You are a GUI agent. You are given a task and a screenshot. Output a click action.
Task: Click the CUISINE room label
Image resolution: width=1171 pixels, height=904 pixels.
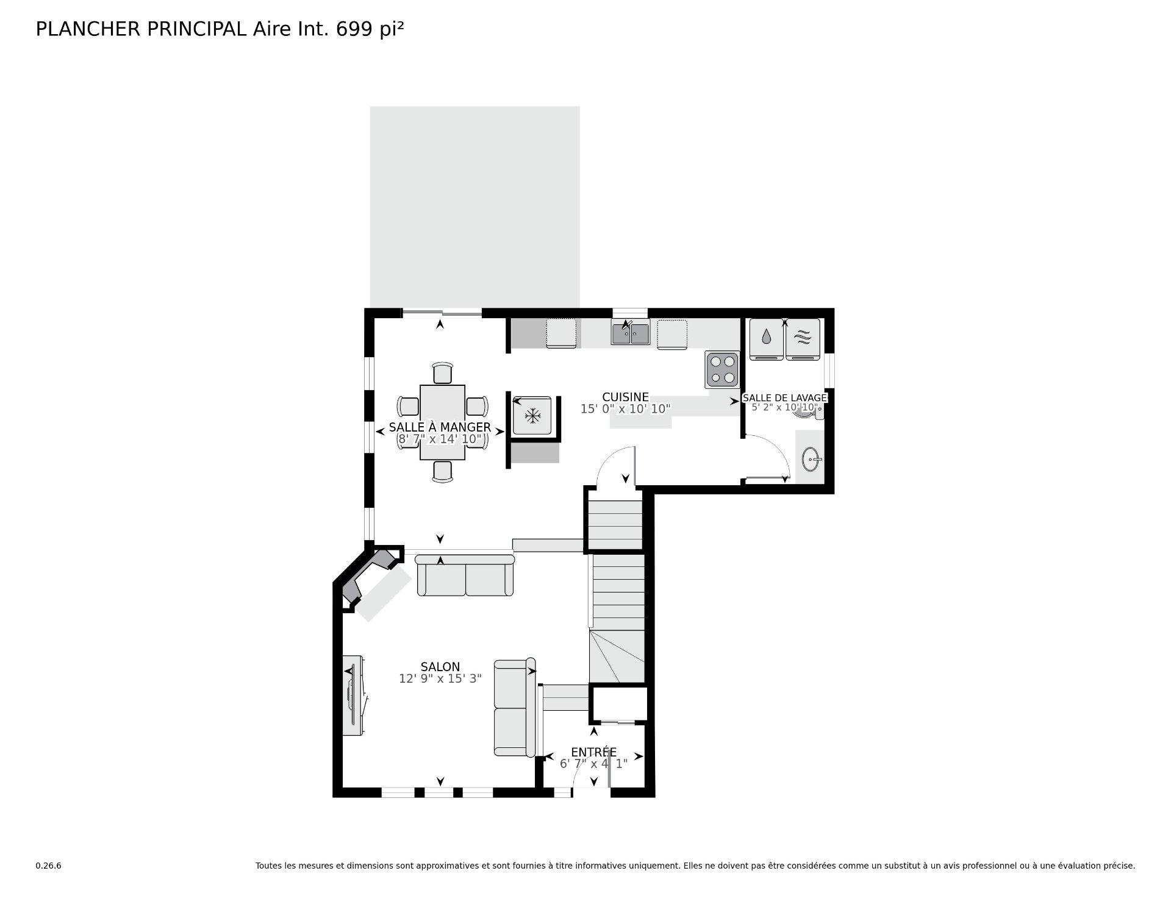click(625, 397)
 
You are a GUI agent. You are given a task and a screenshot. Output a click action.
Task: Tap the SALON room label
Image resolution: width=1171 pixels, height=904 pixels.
click(440, 667)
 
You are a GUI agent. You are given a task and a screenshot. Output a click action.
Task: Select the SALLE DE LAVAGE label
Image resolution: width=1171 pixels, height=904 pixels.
click(784, 397)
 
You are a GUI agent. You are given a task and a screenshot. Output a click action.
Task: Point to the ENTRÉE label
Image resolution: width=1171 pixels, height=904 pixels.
click(593, 752)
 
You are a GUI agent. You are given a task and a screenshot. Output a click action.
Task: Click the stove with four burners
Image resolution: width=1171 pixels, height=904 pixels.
click(722, 369)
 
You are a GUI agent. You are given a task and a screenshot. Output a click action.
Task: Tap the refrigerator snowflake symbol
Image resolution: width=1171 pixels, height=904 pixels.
click(533, 416)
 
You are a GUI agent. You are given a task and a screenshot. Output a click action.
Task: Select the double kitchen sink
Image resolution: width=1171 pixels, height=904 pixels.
click(631, 333)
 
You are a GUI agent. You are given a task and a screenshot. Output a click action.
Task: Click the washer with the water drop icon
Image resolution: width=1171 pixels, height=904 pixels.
click(766, 339)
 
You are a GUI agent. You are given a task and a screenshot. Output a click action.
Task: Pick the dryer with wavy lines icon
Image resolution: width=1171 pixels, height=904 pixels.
click(803, 339)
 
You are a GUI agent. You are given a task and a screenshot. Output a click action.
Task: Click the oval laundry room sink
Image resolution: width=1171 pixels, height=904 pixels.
click(811, 460)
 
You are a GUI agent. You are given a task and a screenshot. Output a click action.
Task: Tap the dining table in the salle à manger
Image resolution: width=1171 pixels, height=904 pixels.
click(442, 422)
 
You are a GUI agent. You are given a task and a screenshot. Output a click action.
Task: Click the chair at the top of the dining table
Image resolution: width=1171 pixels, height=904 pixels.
click(442, 372)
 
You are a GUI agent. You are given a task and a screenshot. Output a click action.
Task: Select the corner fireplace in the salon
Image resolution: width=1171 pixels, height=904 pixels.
click(371, 576)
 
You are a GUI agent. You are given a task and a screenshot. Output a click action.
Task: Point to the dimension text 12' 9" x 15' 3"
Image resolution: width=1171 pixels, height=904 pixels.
click(440, 678)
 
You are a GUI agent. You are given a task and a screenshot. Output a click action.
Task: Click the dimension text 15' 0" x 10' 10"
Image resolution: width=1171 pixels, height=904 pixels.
click(626, 409)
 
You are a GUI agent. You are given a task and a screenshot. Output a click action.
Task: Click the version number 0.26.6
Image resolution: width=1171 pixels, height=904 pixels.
click(48, 866)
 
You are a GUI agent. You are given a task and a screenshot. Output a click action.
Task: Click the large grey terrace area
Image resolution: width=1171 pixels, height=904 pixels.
click(474, 207)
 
